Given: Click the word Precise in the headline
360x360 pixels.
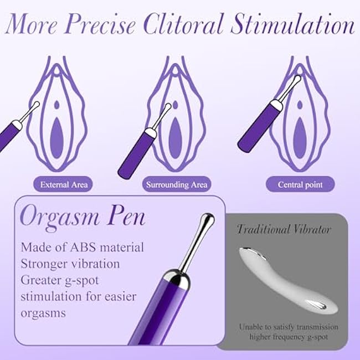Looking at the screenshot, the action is click(100, 24).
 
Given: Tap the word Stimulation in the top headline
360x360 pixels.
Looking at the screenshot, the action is click(293, 24).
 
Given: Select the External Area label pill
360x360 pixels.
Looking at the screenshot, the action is click(63, 184).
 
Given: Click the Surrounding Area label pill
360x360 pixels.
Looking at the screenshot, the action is click(177, 184).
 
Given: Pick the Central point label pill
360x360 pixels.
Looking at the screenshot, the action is click(300, 184).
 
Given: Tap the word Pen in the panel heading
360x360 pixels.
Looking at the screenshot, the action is click(127, 217).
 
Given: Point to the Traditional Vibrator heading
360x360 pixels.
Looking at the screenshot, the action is click(284, 229).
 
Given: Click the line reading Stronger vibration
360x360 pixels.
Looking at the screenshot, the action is click(70, 264).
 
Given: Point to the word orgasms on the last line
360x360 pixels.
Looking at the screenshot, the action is click(43, 313).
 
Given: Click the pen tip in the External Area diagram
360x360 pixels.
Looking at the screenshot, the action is click(35, 105).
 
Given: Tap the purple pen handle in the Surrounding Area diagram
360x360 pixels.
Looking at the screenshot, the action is click(136, 155).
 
